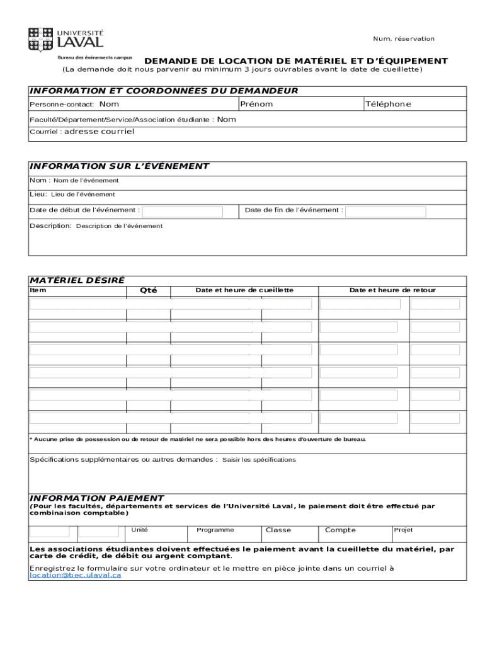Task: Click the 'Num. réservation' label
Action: tap(403, 39)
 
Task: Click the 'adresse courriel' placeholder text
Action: tap(99, 132)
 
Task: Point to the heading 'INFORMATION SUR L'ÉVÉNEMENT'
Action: tap(119, 166)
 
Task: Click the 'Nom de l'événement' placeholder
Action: tap(86, 181)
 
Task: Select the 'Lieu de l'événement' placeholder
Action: tap(83, 195)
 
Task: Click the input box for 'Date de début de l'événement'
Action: tap(183, 211)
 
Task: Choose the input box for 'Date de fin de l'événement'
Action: tap(386, 211)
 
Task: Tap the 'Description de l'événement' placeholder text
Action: tap(119, 226)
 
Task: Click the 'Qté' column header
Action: tap(148, 290)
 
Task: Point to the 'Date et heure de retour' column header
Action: tap(392, 290)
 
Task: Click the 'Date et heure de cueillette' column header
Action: tap(244, 290)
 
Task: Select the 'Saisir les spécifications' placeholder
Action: tap(259, 460)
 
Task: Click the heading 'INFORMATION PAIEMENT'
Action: tap(97, 498)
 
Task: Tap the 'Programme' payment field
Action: tap(215, 530)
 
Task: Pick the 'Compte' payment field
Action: tap(340, 530)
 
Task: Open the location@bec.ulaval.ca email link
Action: tap(75, 576)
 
